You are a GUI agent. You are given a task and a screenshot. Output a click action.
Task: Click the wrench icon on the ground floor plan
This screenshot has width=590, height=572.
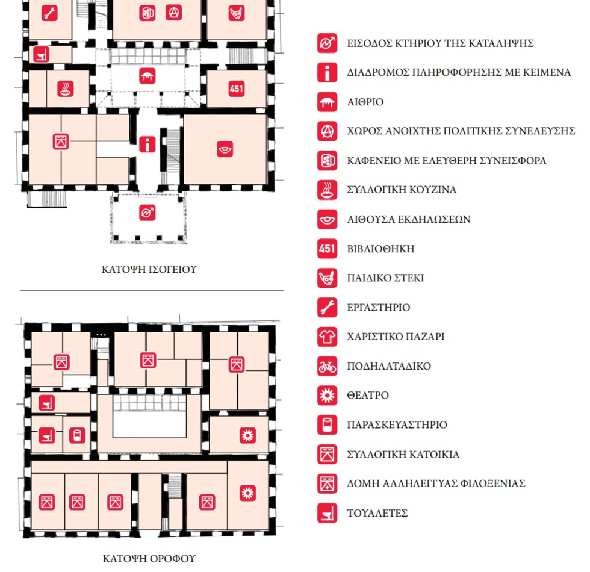coord(49,13)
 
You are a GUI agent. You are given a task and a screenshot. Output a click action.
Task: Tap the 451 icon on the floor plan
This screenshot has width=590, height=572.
coord(236,89)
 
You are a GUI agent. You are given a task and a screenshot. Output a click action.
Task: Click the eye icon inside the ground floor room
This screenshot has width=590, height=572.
coord(225,149)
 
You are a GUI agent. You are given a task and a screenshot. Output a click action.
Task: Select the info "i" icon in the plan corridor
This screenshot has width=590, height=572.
coord(147,144)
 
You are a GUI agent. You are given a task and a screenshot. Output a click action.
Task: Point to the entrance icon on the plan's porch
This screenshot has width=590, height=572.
coord(147,213)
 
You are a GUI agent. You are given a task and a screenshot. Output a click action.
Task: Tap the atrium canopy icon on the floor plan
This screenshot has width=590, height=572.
coord(147,76)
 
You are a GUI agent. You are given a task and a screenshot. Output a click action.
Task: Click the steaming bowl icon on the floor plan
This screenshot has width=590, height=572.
coord(66,89)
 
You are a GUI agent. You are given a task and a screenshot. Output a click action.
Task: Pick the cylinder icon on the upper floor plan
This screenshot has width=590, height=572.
coord(77,435)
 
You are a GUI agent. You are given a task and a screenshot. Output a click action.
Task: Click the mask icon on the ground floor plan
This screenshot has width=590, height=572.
coord(236,13)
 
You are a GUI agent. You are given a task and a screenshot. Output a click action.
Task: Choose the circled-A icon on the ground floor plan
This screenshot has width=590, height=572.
coord(174,13)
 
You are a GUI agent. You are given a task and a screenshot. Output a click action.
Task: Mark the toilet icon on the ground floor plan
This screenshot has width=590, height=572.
coord(42,54)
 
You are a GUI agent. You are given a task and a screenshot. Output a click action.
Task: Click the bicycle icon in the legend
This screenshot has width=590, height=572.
coord(327,366)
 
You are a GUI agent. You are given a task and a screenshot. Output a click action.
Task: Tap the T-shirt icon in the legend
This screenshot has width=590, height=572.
coord(327,337)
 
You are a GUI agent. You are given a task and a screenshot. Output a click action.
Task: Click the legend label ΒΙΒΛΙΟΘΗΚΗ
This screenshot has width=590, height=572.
coord(380,249)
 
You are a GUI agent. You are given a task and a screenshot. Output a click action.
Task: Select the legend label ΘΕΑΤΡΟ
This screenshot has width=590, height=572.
coord(368,395)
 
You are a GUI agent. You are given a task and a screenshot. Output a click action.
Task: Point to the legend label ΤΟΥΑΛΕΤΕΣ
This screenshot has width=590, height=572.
coord(377,513)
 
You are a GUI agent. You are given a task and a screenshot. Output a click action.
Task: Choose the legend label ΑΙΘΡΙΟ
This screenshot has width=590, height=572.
coord(365,102)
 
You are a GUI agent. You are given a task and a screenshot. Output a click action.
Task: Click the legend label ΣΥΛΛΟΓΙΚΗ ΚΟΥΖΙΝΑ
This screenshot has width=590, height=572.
coord(402,190)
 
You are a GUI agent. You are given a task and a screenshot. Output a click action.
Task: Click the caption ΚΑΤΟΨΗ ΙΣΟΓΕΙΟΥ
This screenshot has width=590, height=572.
coord(149,270)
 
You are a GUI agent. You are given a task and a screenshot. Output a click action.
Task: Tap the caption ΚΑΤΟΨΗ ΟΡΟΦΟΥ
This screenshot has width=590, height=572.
coord(149,559)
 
